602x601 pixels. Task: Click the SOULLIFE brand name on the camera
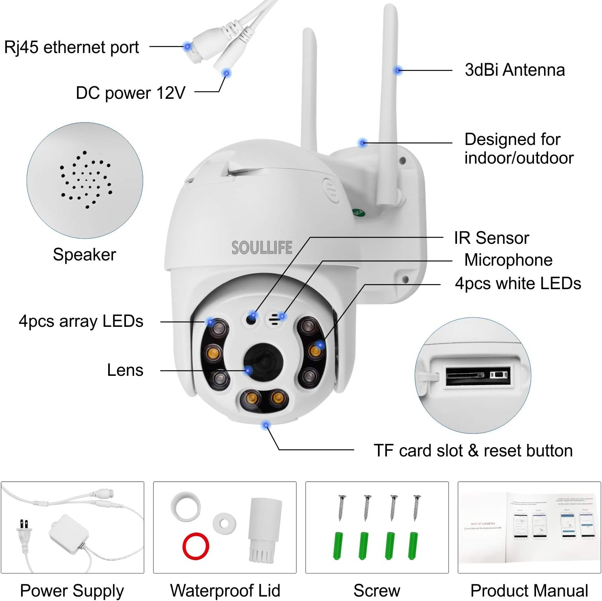click(262, 247)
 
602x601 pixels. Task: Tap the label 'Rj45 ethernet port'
click(71, 47)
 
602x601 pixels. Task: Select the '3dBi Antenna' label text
click(514, 70)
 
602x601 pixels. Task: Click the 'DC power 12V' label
click(130, 93)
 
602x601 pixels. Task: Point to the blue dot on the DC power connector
click(226, 73)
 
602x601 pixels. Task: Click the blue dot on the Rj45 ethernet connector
click(187, 47)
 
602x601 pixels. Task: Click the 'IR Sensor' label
click(491, 238)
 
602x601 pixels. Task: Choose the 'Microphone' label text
click(508, 260)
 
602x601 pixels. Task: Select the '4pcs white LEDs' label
click(518, 283)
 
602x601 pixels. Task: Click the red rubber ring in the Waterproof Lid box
click(196, 546)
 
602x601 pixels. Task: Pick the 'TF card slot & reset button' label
click(473, 450)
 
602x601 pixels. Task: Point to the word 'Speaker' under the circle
click(84, 255)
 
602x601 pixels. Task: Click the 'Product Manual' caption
click(529, 590)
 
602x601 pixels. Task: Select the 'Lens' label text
click(125, 370)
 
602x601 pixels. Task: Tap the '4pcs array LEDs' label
click(81, 321)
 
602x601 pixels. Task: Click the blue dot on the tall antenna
click(398, 70)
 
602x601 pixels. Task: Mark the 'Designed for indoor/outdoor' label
click(519, 149)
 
